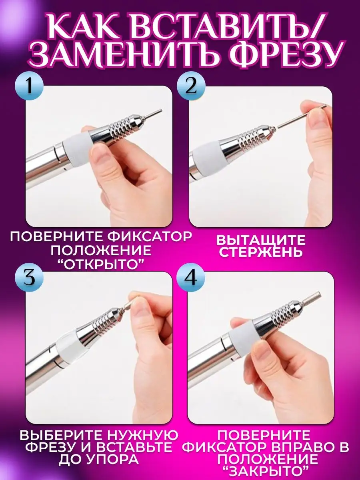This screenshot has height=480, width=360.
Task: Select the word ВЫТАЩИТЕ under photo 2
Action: tap(260, 240)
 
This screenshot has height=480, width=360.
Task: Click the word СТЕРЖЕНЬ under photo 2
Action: tap(261, 252)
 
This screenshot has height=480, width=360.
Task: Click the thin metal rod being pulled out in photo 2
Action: tap(301, 116)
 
